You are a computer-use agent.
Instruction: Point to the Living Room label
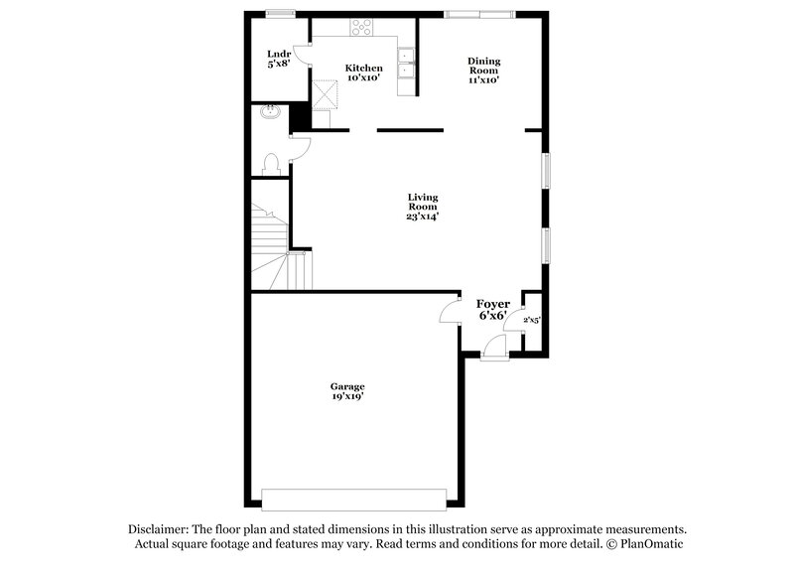click(x=422, y=207)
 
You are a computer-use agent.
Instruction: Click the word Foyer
click(x=493, y=303)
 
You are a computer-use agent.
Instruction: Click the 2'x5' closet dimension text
click(x=532, y=320)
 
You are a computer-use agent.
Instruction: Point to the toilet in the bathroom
click(x=271, y=165)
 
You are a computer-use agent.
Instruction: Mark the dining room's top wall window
click(x=479, y=13)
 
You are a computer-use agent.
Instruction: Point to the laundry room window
click(x=281, y=13)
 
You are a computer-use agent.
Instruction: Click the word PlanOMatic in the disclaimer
click(x=649, y=544)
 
